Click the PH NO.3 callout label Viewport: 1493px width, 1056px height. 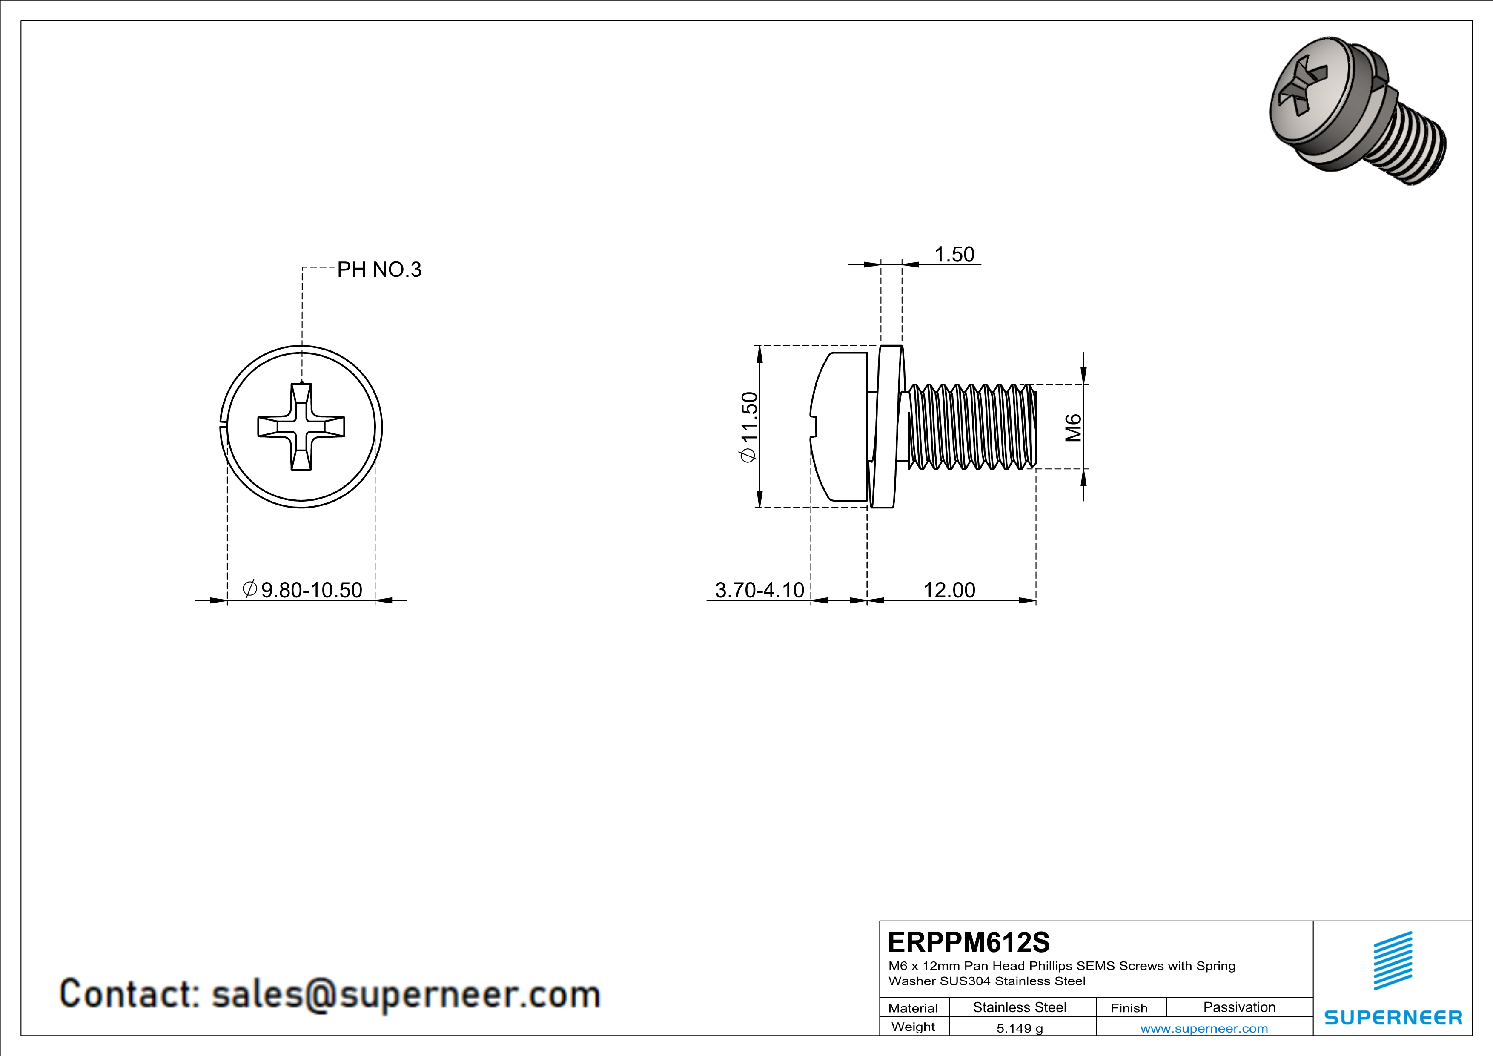point(379,269)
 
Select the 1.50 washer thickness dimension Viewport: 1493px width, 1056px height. point(954,254)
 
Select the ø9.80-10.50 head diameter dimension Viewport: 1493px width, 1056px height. point(302,590)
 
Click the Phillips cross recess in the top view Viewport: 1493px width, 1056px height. point(301,427)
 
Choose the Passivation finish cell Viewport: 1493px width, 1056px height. point(1239,1007)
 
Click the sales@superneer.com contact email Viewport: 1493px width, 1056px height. point(405,995)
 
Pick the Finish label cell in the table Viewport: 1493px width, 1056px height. point(1129,1008)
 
